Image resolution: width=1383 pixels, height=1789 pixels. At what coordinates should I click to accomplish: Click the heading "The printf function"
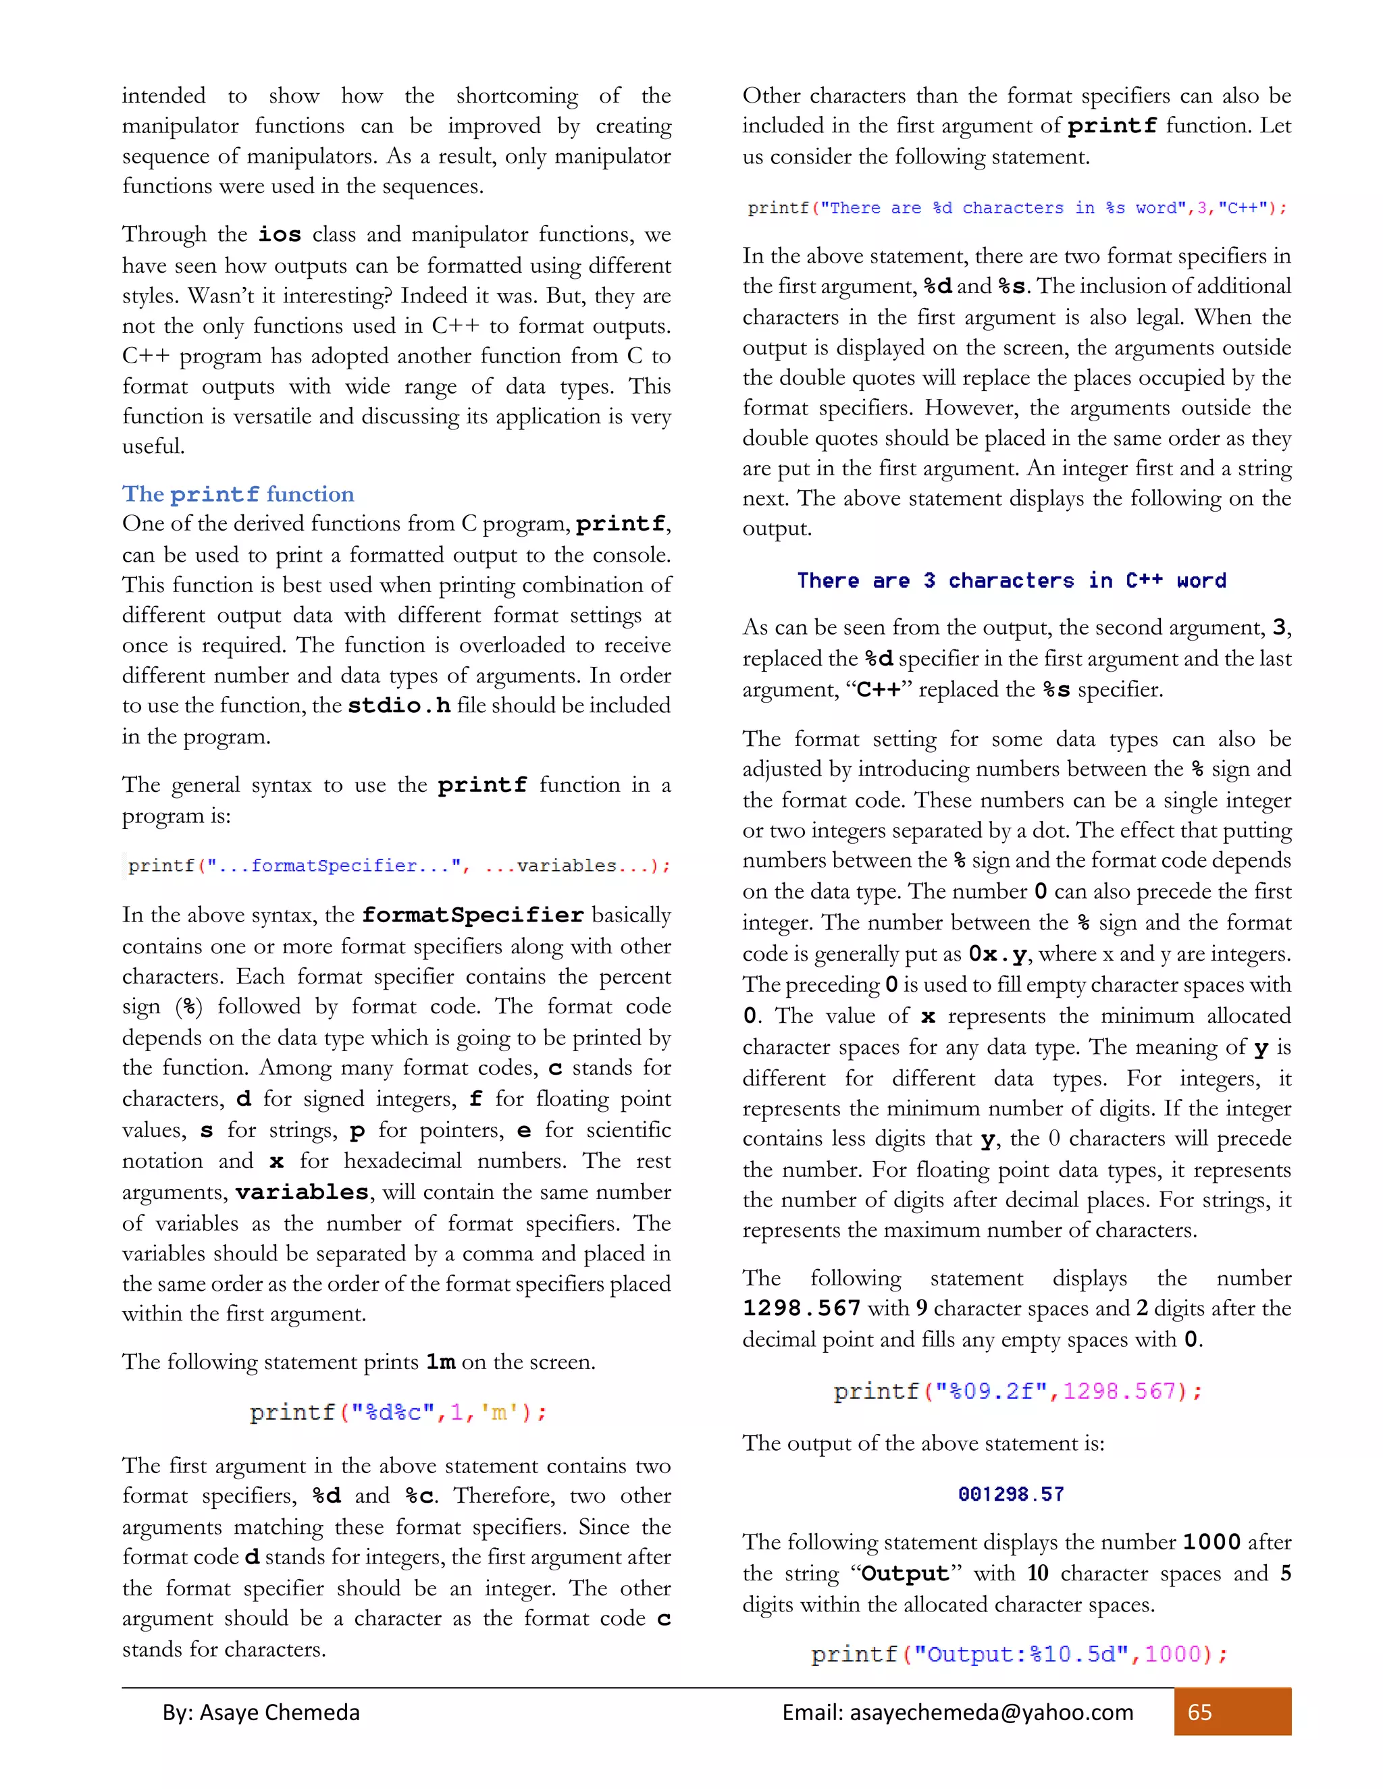click(238, 494)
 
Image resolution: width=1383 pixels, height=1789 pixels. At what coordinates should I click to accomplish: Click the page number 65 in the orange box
click(1199, 1712)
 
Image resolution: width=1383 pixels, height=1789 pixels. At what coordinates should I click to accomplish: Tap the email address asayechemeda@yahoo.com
click(991, 1712)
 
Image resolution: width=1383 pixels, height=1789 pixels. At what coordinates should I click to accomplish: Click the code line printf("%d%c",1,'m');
click(398, 1412)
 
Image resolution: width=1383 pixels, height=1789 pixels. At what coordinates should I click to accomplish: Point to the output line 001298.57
click(1010, 1494)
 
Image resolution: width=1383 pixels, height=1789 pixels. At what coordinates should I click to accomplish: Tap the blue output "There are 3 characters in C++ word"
click(1011, 581)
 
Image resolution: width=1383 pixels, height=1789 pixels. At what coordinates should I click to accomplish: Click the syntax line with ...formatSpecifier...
click(398, 866)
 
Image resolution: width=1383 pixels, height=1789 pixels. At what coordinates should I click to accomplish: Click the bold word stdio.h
click(399, 706)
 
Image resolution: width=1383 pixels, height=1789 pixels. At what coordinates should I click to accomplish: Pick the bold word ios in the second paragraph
click(280, 235)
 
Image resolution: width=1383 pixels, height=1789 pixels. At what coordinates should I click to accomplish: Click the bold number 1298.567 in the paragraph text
click(802, 1308)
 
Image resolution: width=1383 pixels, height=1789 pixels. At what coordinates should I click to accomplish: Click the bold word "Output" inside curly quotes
click(906, 1574)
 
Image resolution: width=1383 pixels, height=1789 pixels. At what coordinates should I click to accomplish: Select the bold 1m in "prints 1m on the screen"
click(441, 1362)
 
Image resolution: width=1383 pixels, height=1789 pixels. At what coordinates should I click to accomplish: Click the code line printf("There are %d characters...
click(1016, 208)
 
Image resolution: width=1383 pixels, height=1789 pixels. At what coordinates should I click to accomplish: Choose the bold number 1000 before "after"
click(1211, 1543)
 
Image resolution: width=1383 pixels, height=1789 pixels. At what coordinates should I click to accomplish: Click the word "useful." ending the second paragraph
click(154, 446)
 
